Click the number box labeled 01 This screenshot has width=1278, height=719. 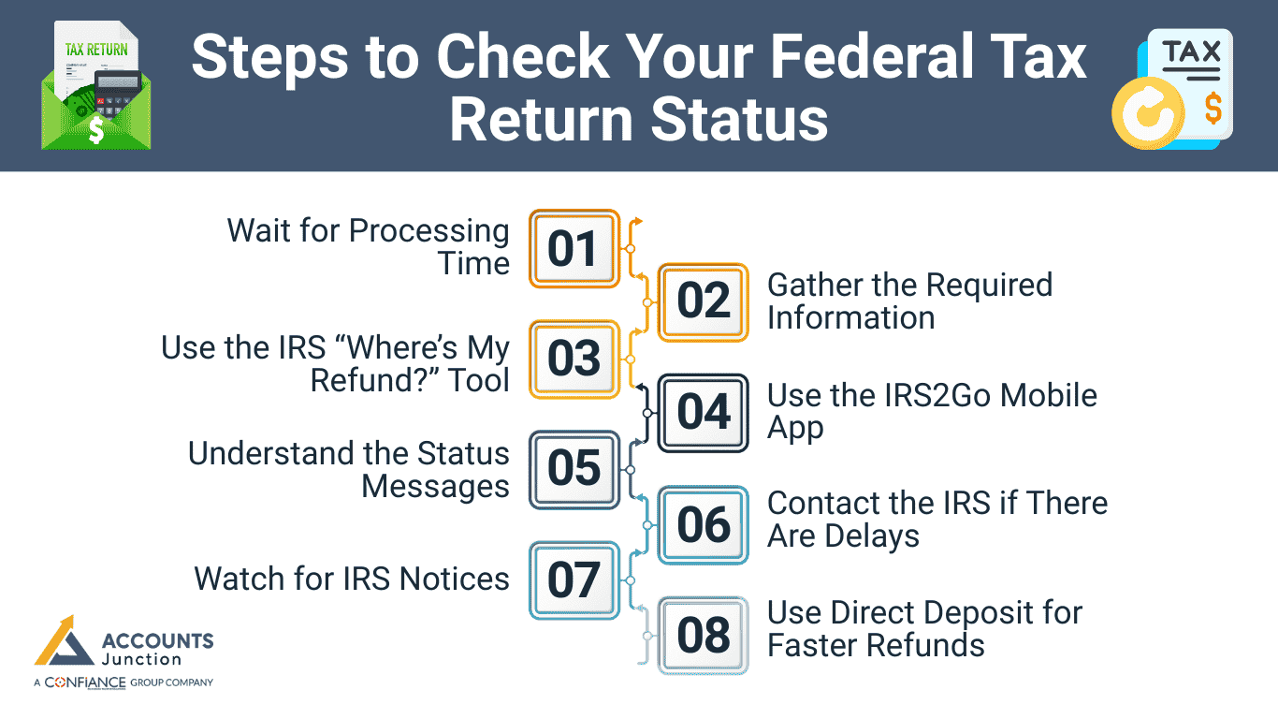click(x=574, y=249)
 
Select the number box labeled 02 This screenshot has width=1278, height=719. click(x=704, y=301)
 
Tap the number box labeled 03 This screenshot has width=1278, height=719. click(x=574, y=359)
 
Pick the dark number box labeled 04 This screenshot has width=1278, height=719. click(x=704, y=413)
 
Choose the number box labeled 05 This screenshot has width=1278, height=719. click(x=574, y=469)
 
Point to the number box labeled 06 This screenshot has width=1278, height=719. click(x=704, y=524)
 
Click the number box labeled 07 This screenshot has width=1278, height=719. click(x=574, y=580)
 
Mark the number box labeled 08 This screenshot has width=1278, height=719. click(x=704, y=636)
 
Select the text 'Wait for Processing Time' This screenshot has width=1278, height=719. click(x=369, y=247)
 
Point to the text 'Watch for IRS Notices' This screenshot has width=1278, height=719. click(x=352, y=579)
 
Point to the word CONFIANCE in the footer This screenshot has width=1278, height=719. click(x=84, y=682)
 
